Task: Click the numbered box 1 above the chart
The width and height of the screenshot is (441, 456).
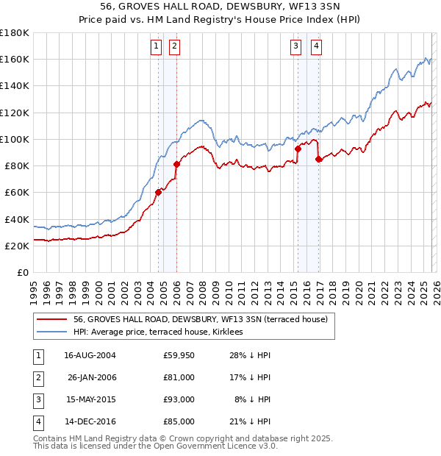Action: [x=157, y=46]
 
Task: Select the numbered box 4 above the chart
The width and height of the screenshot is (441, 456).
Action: [x=316, y=46]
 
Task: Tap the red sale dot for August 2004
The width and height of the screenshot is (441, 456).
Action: [x=158, y=193]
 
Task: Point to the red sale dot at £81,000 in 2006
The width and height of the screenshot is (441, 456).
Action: [x=176, y=164]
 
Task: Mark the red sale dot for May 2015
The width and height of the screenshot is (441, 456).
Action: [x=298, y=149]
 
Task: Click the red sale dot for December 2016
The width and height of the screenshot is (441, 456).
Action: [x=318, y=159]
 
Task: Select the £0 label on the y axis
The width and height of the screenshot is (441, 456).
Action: [x=24, y=272]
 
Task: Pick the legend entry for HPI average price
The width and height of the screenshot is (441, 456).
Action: [x=162, y=332]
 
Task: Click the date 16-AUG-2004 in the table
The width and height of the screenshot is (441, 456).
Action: [x=90, y=355]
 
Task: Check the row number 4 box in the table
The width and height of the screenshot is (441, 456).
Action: [x=37, y=422]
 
